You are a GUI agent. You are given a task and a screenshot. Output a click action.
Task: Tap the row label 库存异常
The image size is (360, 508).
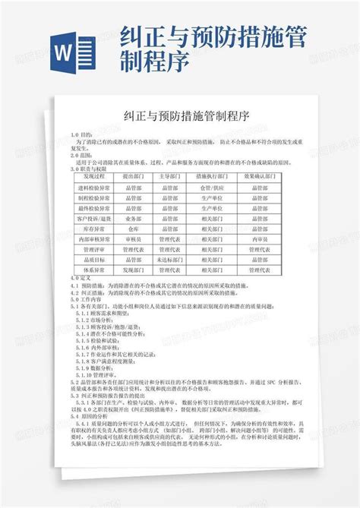tap(93, 228)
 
